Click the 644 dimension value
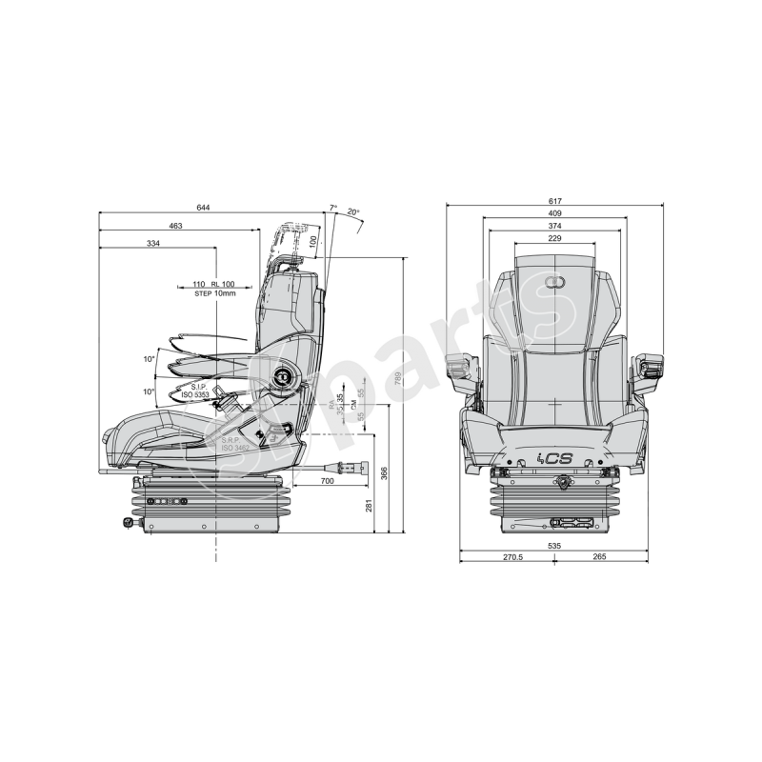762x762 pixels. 203,208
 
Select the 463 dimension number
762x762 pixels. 175,226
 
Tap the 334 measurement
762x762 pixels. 153,245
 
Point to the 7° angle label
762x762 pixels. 332,207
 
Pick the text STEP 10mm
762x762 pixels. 214,293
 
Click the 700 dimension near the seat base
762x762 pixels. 327,482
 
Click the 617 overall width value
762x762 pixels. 555,201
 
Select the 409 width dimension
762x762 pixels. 555,214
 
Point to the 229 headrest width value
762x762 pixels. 555,239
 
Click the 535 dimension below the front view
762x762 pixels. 555,546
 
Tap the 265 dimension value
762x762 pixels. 599,558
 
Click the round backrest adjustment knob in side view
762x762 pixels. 283,378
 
